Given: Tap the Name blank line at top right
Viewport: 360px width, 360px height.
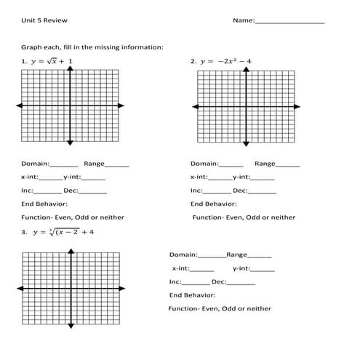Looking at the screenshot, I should click(289, 23).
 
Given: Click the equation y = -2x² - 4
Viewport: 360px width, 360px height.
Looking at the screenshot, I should click(225, 62).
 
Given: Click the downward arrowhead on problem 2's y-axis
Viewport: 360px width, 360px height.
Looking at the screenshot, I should click(247, 143).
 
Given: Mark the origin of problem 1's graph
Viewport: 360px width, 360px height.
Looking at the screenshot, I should click(70, 107).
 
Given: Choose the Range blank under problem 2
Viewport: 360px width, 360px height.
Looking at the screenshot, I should click(288, 165).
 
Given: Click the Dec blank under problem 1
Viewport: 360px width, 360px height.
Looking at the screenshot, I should click(93, 191).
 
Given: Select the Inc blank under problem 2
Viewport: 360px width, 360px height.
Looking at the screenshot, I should click(217, 191).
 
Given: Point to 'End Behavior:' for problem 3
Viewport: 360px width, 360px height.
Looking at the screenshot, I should click(192, 295).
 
